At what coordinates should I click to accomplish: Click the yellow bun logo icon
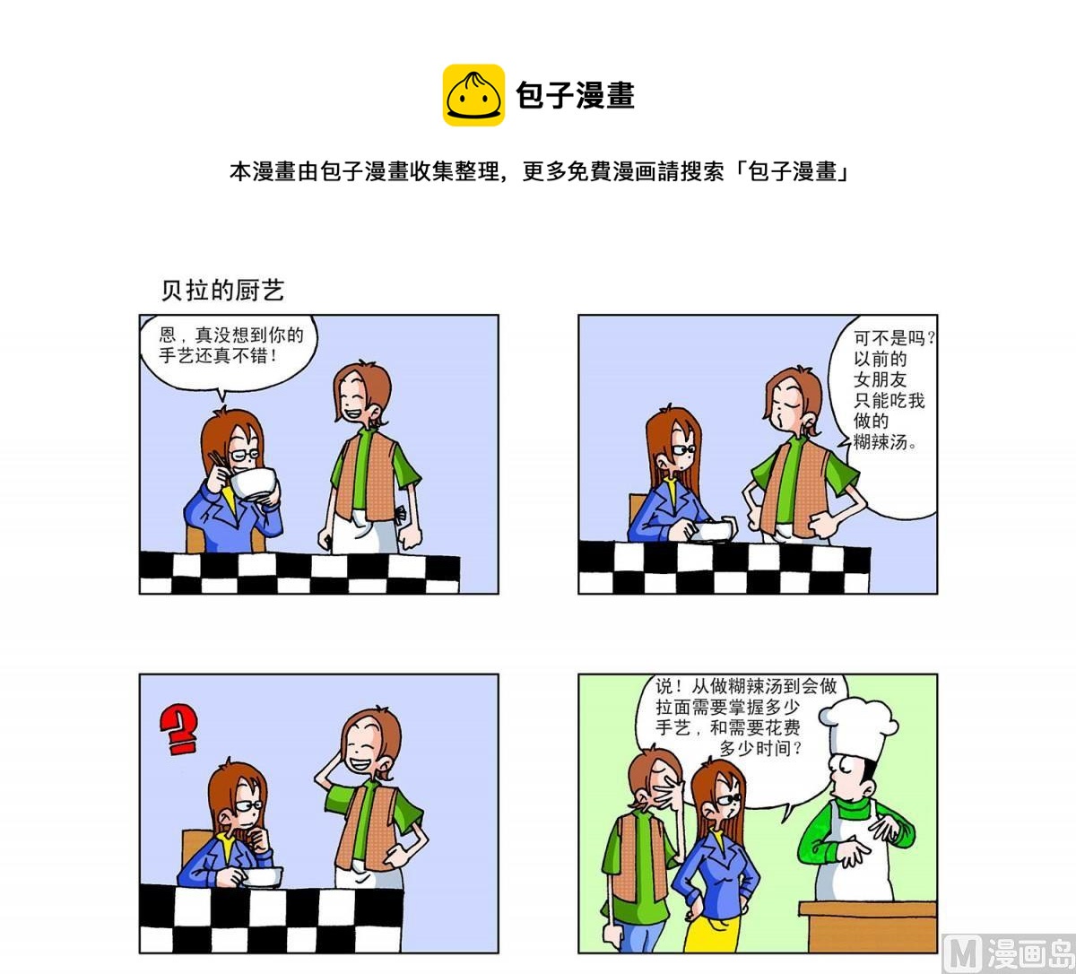473,95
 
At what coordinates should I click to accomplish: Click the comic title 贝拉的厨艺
222,290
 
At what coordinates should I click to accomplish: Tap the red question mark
179,729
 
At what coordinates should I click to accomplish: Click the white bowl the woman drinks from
253,484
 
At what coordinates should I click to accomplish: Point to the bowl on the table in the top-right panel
715,530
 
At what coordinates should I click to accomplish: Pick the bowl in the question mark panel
263,876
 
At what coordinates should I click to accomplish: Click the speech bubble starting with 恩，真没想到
230,350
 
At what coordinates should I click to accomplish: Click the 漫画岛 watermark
1008,952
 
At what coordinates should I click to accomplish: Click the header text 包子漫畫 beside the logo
575,95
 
